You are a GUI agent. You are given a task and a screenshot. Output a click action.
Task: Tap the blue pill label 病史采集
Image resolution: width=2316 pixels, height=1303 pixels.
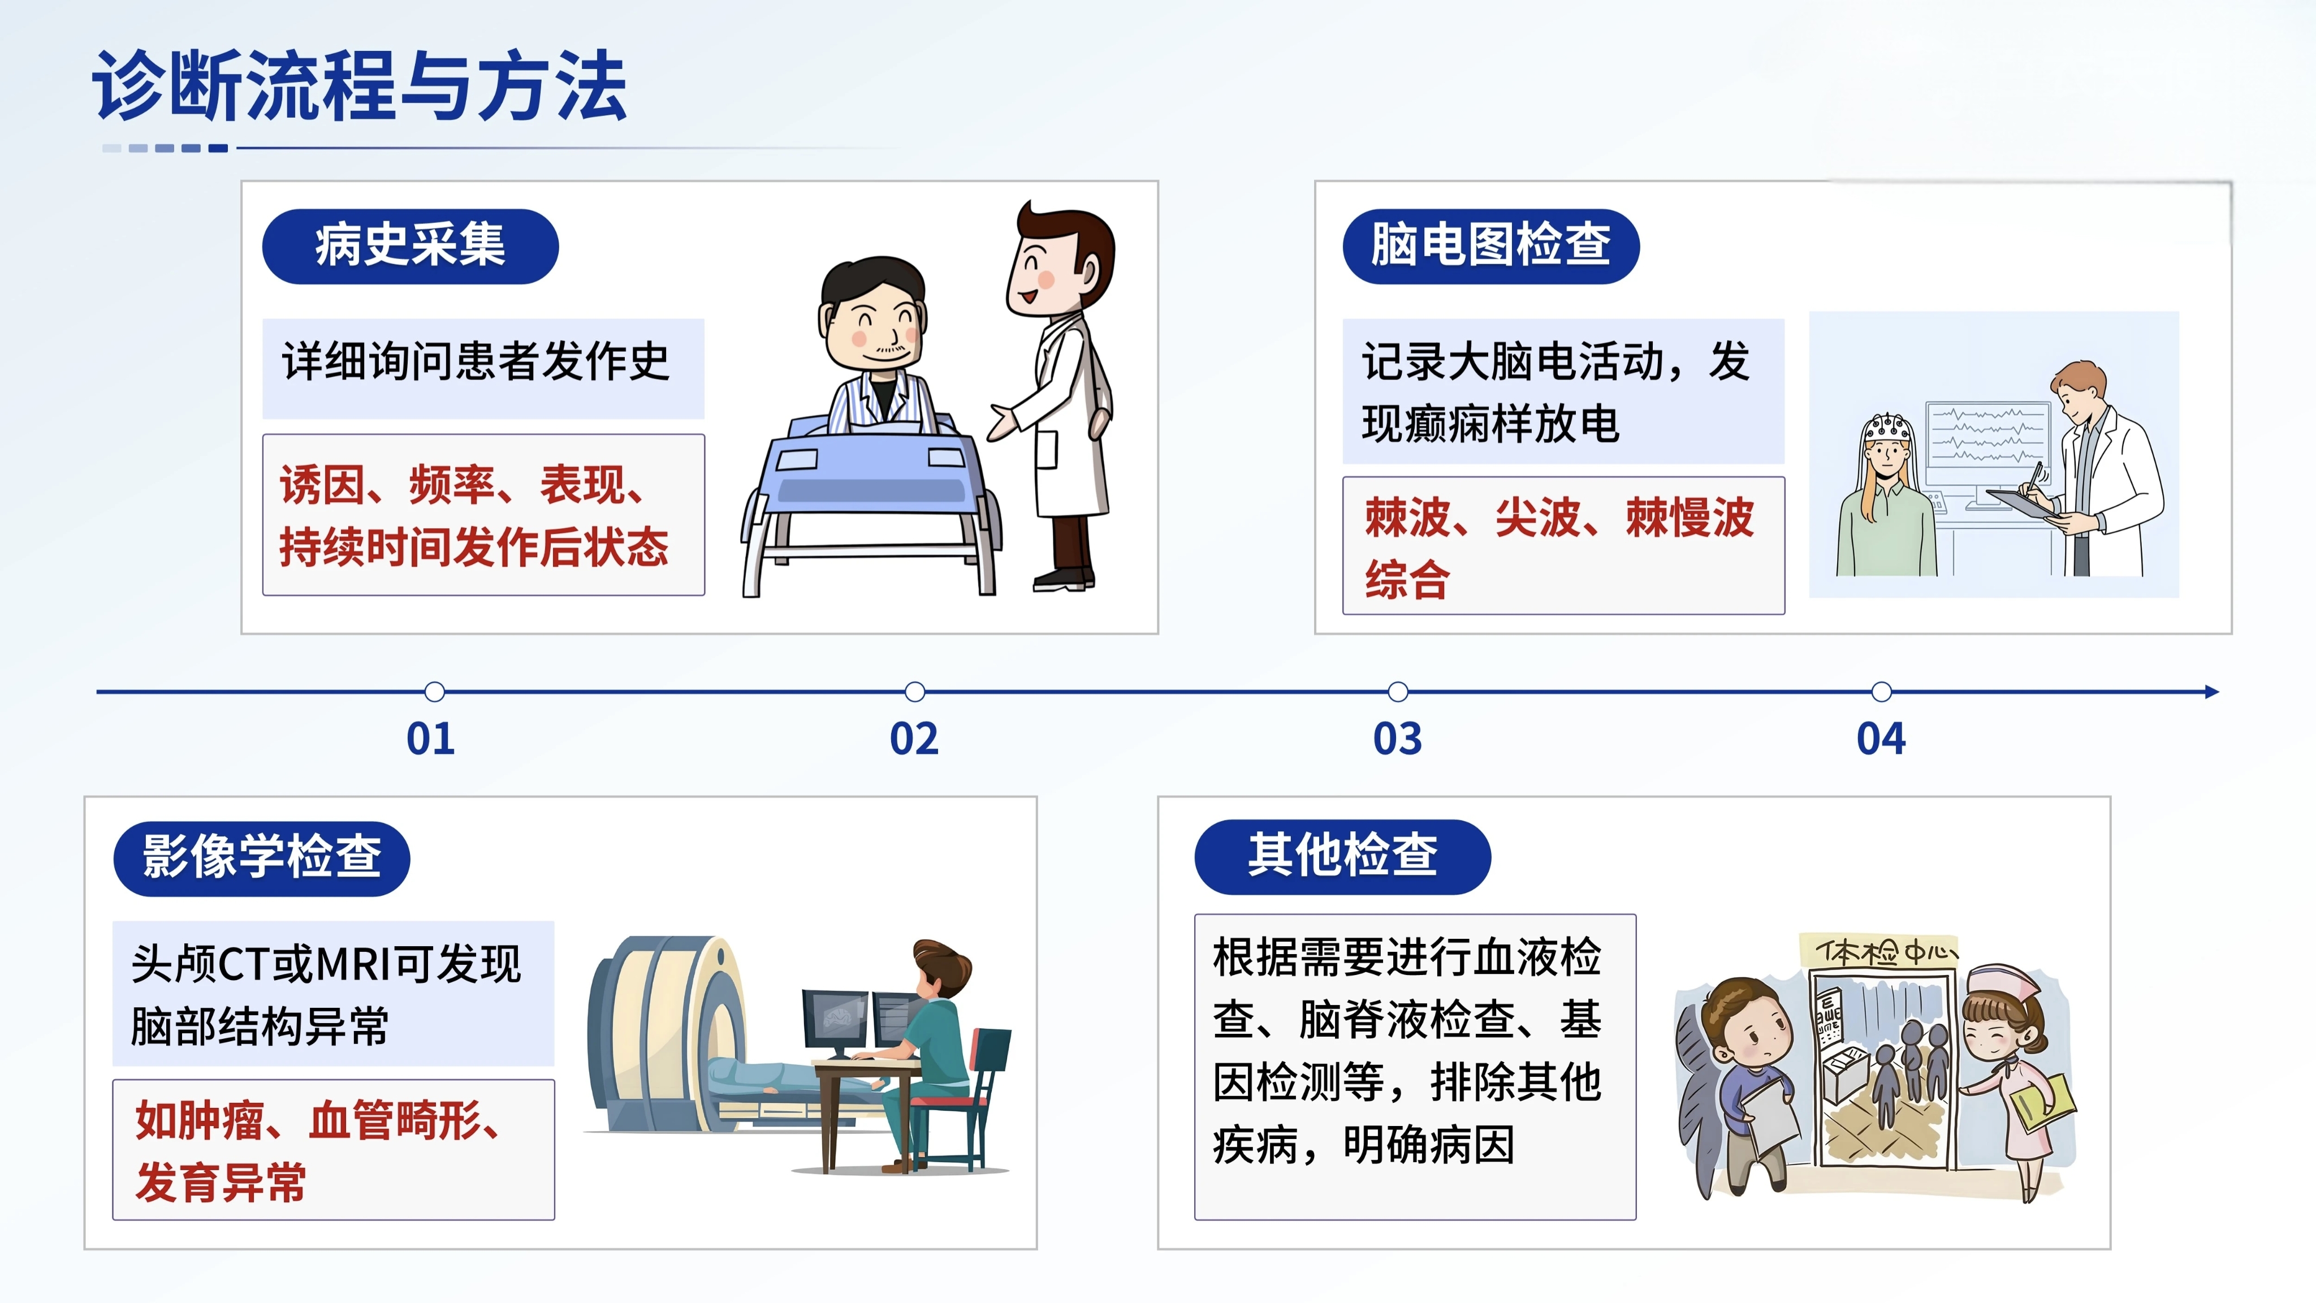coord(410,247)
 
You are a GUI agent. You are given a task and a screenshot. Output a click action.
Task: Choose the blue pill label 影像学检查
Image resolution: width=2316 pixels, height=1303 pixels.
coord(262,858)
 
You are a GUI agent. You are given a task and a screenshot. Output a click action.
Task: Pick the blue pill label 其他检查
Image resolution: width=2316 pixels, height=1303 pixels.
coord(1342,856)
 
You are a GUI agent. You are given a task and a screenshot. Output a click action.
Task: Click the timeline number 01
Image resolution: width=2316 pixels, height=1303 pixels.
coord(431,739)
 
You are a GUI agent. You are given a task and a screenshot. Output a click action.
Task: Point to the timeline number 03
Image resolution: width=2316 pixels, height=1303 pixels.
coord(1397,739)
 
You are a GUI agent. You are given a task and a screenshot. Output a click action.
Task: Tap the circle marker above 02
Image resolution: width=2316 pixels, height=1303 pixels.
coord(914,692)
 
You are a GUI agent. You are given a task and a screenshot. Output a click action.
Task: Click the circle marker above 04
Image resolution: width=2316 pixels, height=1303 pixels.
coord(1881,692)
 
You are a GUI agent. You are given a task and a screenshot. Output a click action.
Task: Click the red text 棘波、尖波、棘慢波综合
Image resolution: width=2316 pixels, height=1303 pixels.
coord(1559,547)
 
